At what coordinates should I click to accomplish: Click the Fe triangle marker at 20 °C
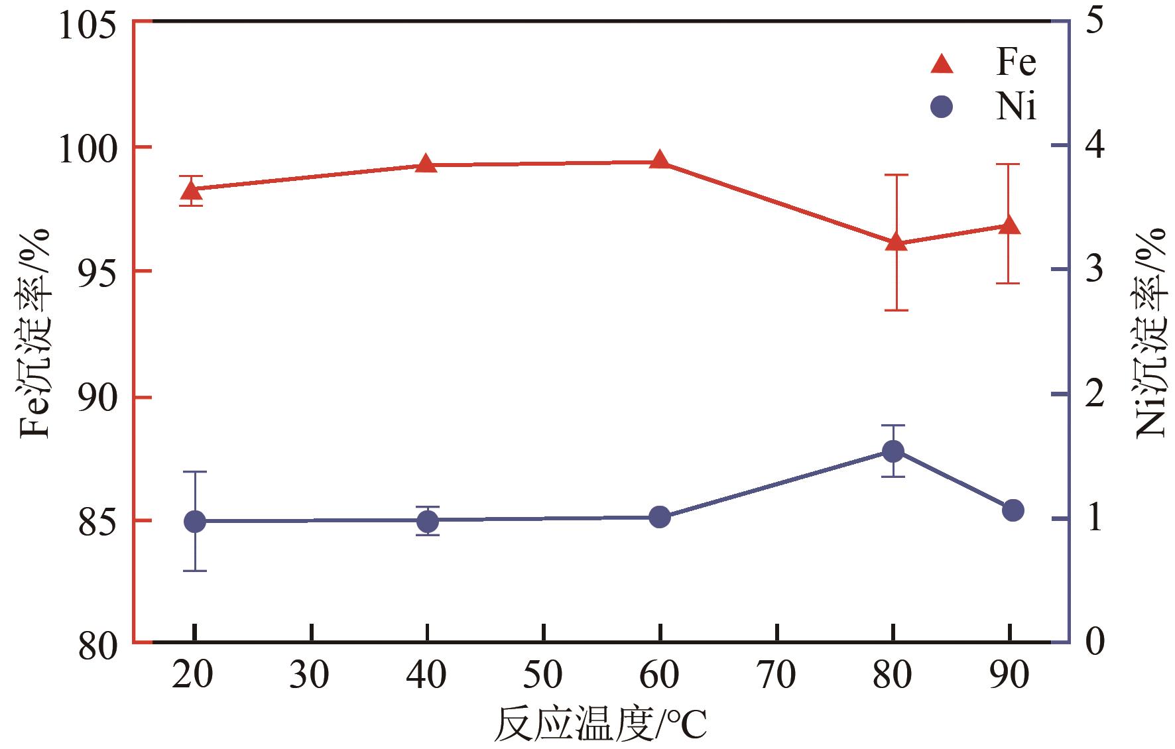tap(193, 191)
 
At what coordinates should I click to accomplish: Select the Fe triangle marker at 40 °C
tap(426, 164)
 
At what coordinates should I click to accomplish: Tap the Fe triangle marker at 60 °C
tap(659, 160)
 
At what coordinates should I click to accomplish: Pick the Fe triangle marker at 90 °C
tap(1009, 225)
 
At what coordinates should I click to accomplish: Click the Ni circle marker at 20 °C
tap(194, 521)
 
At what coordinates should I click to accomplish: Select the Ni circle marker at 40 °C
tap(428, 521)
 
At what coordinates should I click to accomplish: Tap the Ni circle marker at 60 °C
tap(660, 517)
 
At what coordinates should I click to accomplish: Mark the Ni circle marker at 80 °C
tap(893, 451)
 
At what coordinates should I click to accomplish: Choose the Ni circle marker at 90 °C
tap(1013, 510)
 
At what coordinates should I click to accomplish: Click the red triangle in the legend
tap(942, 64)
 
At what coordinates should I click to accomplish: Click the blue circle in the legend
tap(942, 107)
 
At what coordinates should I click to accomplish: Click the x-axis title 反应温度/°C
tap(600, 726)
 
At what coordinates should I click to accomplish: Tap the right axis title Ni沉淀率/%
tap(1150, 331)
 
